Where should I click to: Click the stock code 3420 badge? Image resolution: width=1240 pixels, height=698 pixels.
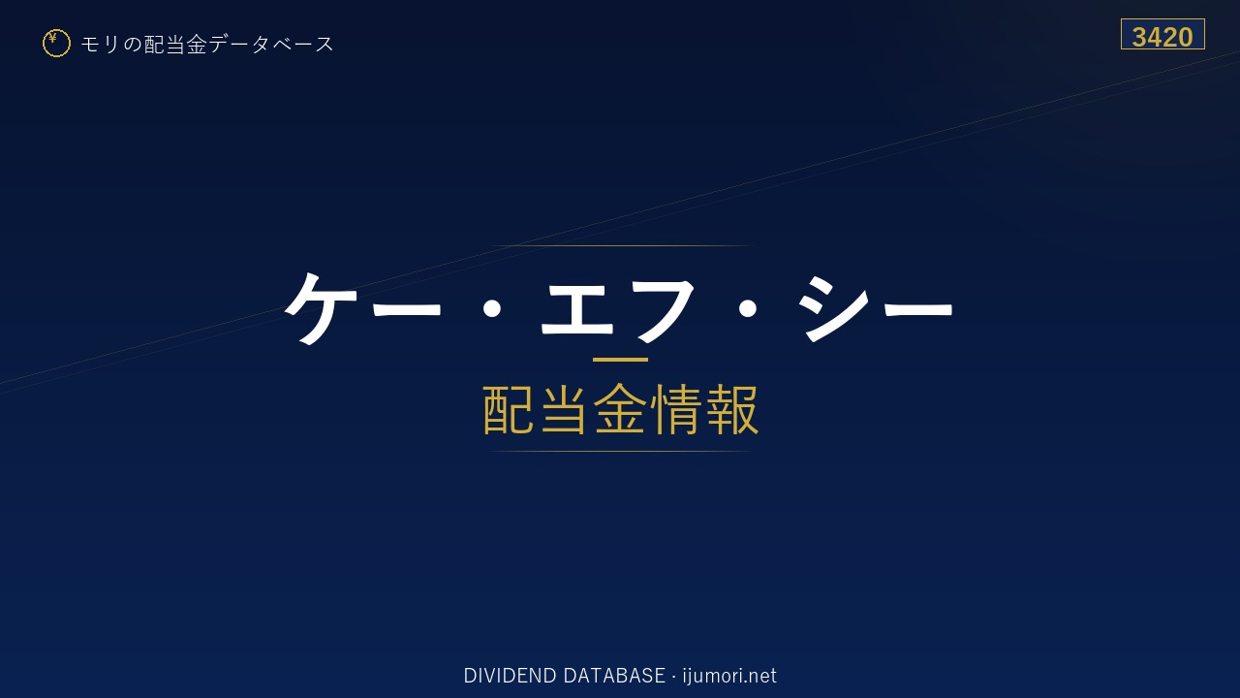1162,34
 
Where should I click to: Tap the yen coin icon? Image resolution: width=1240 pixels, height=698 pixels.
56,44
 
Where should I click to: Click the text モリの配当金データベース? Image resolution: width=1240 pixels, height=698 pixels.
207,45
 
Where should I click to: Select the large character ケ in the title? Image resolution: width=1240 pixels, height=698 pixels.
320,308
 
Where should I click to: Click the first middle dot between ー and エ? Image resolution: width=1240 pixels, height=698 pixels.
491,308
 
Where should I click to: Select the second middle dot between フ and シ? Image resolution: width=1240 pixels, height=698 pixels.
748,308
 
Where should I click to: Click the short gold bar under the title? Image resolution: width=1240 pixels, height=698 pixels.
620,360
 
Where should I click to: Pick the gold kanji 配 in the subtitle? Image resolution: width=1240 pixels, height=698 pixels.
509,409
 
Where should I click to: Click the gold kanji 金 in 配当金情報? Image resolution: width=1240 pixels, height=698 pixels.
620,409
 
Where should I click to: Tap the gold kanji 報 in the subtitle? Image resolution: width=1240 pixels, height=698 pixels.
732,409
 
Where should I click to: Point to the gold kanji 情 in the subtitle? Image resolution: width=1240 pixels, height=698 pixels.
676,409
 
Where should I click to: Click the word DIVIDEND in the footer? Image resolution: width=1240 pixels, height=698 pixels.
510,676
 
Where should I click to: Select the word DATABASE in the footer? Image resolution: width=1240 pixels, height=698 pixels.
614,676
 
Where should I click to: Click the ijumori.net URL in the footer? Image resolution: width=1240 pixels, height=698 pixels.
729,676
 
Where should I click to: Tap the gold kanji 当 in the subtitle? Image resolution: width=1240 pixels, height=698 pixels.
564,409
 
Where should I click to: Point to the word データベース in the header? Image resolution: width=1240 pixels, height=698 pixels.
271,45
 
